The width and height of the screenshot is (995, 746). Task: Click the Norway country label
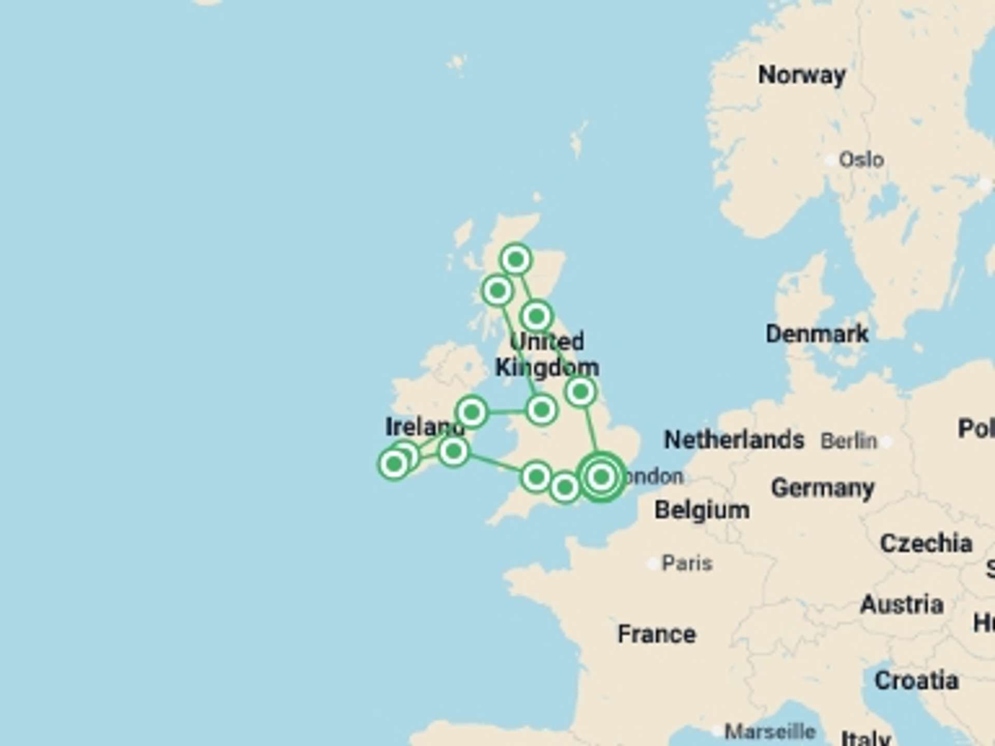pyautogui.click(x=802, y=76)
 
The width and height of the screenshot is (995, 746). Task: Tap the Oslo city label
pyautogui.click(x=861, y=160)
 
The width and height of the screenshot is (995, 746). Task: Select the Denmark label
pyautogui.click(x=817, y=334)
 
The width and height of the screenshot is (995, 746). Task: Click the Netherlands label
pyautogui.click(x=734, y=440)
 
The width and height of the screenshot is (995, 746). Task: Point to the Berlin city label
pyautogui.click(x=848, y=441)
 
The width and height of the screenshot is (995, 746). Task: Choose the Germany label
pyautogui.click(x=822, y=488)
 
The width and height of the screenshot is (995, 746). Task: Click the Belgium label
pyautogui.click(x=702, y=510)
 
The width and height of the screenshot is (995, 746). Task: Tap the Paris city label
pyautogui.click(x=687, y=563)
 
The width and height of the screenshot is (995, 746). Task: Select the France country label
pyautogui.click(x=657, y=634)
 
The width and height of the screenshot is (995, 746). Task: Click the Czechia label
pyautogui.click(x=926, y=543)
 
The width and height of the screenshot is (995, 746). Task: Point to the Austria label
pyautogui.click(x=901, y=605)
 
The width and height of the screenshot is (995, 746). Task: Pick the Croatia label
pyautogui.click(x=916, y=681)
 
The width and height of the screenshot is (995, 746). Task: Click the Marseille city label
pyautogui.click(x=770, y=731)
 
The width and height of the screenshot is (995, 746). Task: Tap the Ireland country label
pyautogui.click(x=424, y=427)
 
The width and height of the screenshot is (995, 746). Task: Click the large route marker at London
pyautogui.click(x=601, y=477)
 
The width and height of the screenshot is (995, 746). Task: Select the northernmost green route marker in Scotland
pyautogui.click(x=516, y=259)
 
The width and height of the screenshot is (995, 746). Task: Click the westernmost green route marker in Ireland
pyautogui.click(x=394, y=464)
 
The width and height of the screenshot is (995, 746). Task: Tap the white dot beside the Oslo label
pyautogui.click(x=830, y=160)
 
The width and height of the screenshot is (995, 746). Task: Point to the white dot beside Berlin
pyautogui.click(x=887, y=442)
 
